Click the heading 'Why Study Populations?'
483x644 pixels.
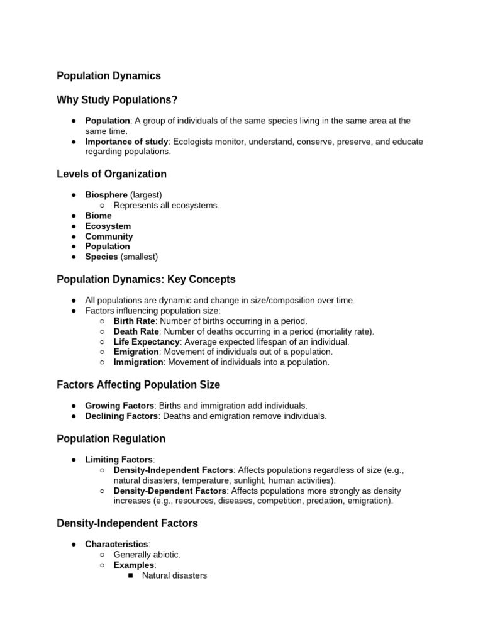pos(117,100)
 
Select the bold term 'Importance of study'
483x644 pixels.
pos(126,142)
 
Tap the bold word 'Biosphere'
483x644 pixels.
pos(106,195)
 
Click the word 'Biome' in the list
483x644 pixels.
pos(98,216)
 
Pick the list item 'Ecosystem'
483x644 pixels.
pos(108,226)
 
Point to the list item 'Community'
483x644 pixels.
pos(109,236)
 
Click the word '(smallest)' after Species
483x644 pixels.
pos(139,257)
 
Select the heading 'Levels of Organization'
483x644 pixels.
pos(111,174)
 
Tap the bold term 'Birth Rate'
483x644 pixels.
pos(135,321)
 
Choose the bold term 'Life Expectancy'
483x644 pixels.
pos(147,342)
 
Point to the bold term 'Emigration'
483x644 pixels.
pos(136,352)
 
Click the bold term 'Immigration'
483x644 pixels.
pos(138,362)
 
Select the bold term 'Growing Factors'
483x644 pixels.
pos(119,406)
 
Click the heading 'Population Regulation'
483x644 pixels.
pos(111,439)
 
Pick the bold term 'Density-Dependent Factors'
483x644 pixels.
pos(169,491)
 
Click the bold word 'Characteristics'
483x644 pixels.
pos(116,544)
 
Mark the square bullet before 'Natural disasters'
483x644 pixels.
pos(130,575)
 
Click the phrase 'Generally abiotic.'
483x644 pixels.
pos(147,555)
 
